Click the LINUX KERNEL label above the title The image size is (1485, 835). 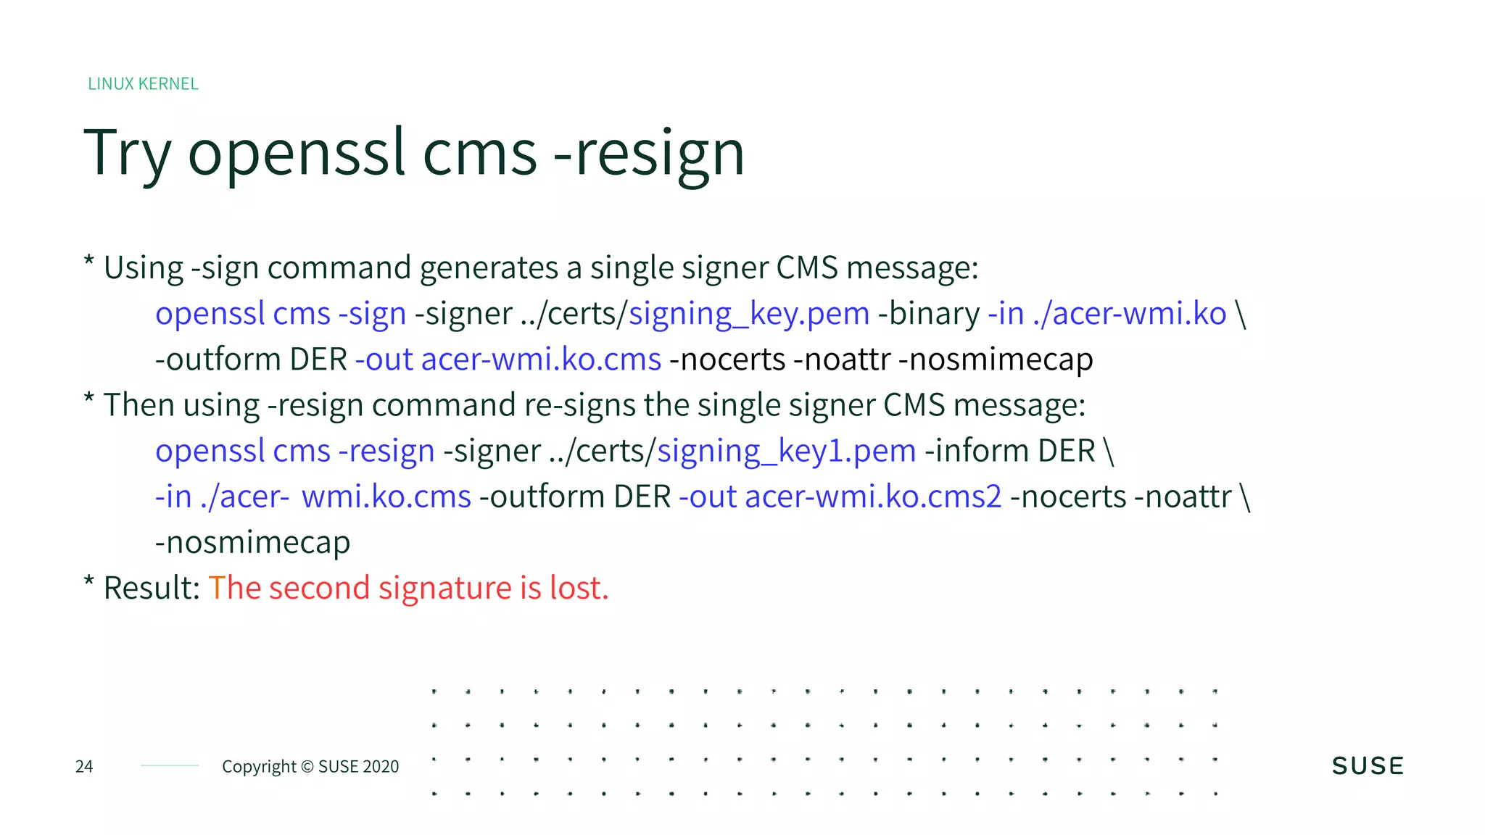click(x=143, y=84)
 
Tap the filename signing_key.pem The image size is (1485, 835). click(x=749, y=314)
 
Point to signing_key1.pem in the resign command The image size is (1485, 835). click(x=787, y=451)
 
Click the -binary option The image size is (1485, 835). click(x=929, y=314)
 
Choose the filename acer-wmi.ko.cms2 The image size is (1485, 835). click(x=873, y=497)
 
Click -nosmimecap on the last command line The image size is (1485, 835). click(x=252, y=542)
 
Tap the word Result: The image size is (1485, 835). click(x=152, y=588)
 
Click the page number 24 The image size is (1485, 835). click(x=84, y=766)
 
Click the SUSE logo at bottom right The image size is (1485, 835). click(x=1368, y=766)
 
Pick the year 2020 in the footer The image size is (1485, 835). click(x=380, y=767)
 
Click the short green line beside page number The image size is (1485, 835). click(x=170, y=765)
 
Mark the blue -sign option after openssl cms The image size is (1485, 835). click(x=372, y=314)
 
